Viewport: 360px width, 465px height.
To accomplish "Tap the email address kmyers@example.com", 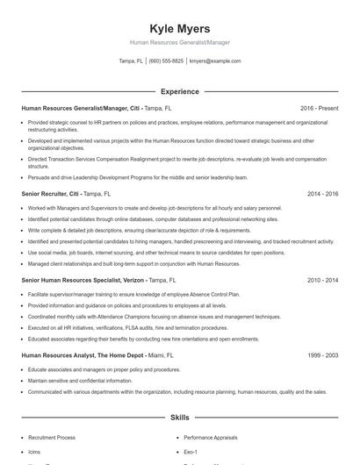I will (214, 61).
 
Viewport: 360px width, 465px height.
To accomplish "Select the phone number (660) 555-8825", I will (166, 61).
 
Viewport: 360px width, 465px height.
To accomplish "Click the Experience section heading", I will (179, 91).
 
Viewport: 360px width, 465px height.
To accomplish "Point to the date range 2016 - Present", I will (319, 108).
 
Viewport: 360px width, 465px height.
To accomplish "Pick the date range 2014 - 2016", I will (322, 193).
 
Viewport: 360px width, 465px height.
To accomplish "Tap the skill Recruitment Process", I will (52, 436).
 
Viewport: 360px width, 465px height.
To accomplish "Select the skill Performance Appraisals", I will (212, 436).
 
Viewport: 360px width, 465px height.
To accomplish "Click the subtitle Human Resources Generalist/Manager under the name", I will (179, 42).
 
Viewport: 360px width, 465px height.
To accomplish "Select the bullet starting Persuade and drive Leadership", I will (138, 176).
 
